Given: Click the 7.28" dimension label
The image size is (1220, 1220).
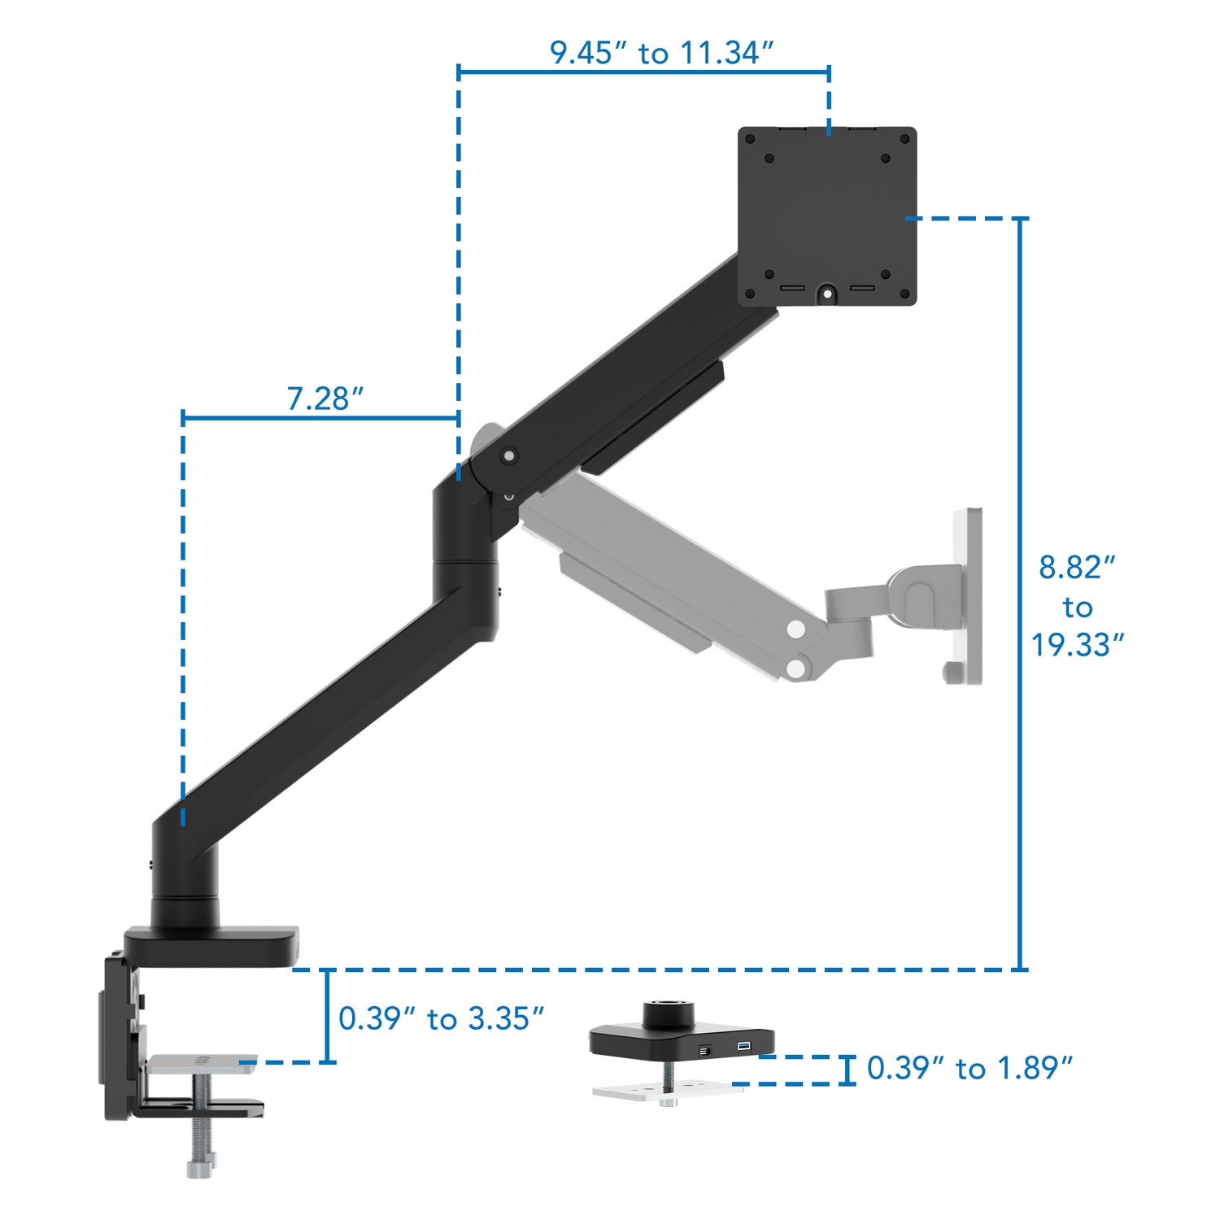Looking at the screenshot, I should (325, 399).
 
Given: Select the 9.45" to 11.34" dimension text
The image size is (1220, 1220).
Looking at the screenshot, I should (660, 53).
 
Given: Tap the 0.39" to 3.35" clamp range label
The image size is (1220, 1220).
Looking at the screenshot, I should (441, 1018).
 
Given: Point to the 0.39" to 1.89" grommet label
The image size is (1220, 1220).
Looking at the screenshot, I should (969, 1068).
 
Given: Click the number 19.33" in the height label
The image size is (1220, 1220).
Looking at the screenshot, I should (1077, 645).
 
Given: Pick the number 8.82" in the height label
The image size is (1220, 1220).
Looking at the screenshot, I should (1077, 567).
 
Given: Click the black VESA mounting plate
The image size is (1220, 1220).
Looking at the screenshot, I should (827, 216).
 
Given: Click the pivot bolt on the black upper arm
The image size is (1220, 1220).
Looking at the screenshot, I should (509, 456).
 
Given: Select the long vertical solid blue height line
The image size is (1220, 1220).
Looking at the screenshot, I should (1021, 594).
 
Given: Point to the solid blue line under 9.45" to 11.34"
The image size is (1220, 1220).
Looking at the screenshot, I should (643, 72).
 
